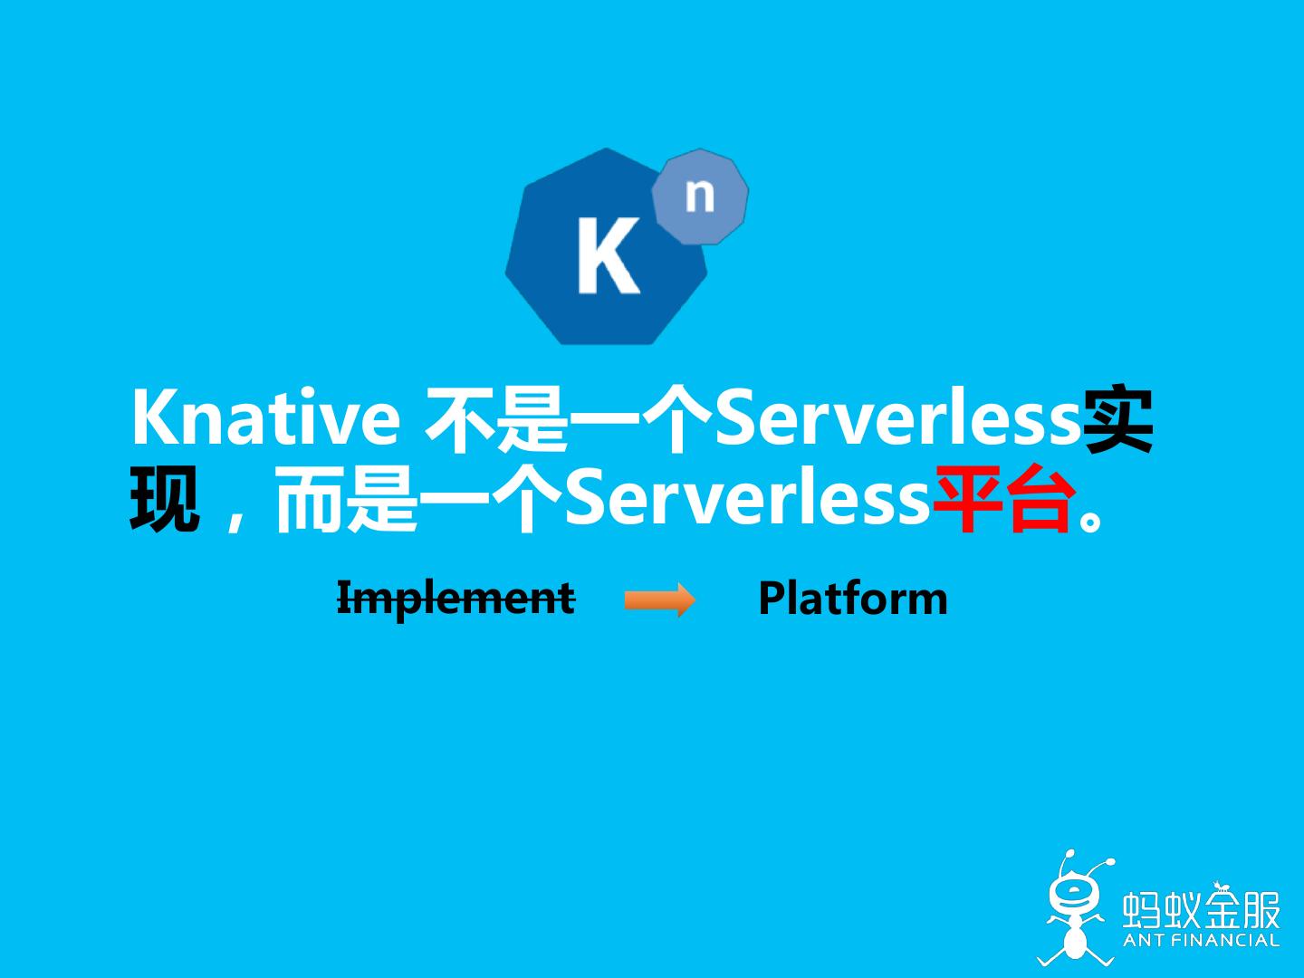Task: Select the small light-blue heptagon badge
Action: click(700, 196)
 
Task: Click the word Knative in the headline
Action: click(265, 418)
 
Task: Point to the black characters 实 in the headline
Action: click(1118, 420)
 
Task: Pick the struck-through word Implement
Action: click(455, 599)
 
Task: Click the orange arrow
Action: click(659, 599)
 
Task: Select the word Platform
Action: click(852, 599)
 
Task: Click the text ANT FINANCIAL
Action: click(1201, 940)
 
